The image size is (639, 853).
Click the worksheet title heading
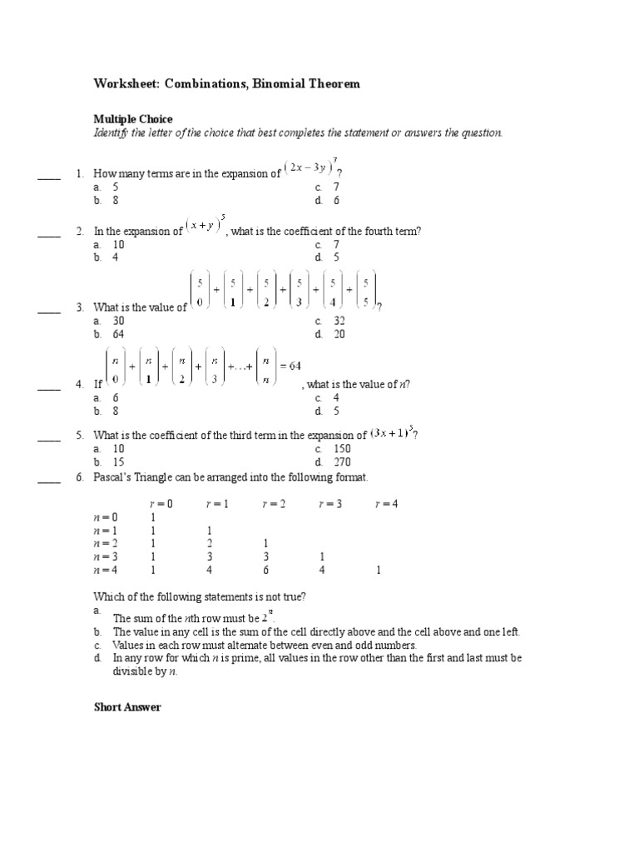click(x=226, y=84)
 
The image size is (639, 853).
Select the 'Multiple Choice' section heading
click(x=133, y=120)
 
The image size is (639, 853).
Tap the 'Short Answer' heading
click(x=127, y=707)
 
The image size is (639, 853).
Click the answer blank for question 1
click(x=49, y=176)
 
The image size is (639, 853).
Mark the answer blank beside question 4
click(x=49, y=386)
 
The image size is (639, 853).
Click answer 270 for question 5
click(x=342, y=462)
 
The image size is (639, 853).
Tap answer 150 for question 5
click(x=342, y=449)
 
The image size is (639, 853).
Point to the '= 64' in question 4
click(x=290, y=366)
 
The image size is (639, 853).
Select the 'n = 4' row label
click(x=106, y=571)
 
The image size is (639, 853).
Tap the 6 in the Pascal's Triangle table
click(x=266, y=571)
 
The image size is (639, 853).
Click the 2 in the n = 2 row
click(x=210, y=544)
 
